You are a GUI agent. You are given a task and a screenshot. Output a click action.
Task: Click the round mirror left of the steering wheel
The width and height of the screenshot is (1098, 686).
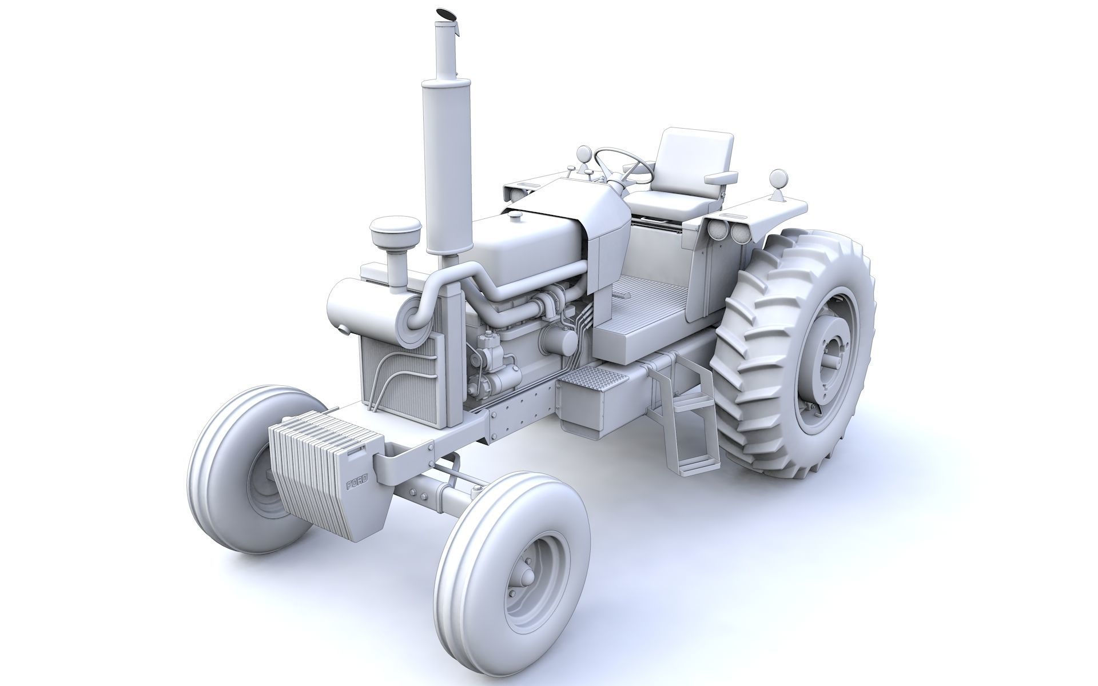[584, 153]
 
